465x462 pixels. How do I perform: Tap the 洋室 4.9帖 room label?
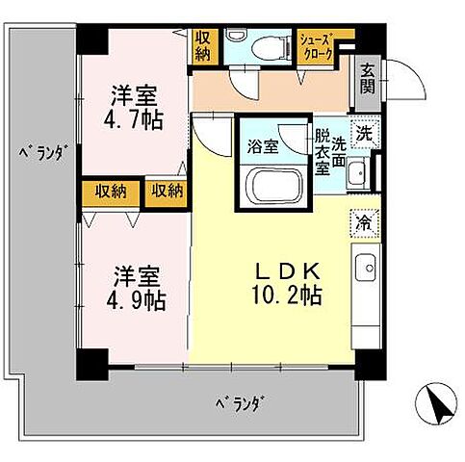pyautogui.click(x=136, y=286)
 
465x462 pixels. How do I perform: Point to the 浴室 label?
pyautogui.click(x=263, y=148)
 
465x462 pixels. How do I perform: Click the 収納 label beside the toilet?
pyautogui.click(x=203, y=44)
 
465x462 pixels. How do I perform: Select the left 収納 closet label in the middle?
pyautogui.click(x=110, y=192)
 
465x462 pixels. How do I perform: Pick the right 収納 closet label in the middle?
pyautogui.click(x=165, y=192)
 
